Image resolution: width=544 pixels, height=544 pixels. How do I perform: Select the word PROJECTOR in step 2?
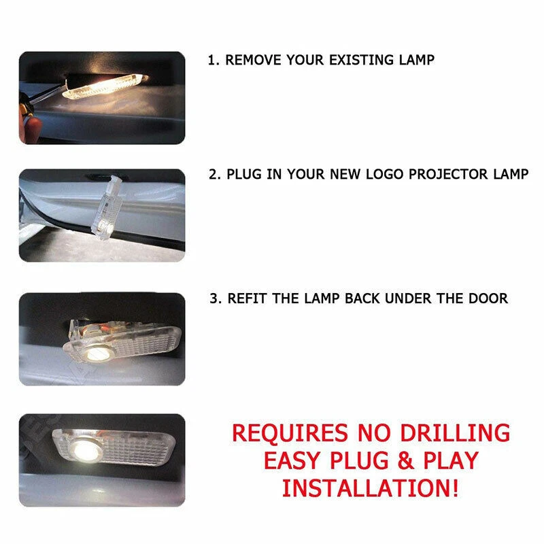point(442,174)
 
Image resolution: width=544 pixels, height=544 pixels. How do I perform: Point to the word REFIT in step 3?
point(248,298)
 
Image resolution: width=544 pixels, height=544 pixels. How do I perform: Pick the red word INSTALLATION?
point(371,488)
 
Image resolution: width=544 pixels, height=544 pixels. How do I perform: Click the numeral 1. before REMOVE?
point(213,60)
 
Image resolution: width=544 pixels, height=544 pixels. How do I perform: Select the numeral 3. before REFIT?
point(214,298)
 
